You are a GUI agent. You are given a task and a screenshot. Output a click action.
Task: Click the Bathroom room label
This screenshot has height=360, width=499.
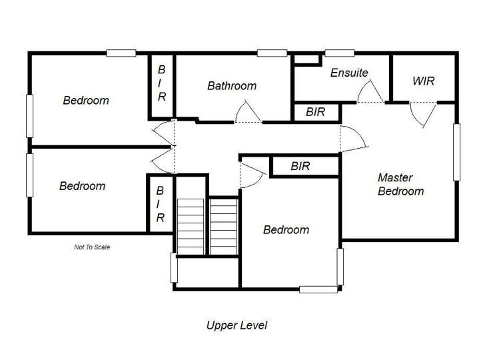[x=231, y=86]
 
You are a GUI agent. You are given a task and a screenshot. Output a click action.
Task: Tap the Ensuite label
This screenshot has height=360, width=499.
[x=348, y=73]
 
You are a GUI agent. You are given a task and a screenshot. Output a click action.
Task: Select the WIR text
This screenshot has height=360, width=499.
[x=423, y=81]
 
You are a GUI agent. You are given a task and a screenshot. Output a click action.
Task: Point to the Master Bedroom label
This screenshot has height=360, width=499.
[x=400, y=185]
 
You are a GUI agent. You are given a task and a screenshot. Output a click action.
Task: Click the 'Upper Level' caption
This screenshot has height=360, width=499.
[x=237, y=325]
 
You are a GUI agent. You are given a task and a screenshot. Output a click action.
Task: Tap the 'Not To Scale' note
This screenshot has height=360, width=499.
[x=91, y=247]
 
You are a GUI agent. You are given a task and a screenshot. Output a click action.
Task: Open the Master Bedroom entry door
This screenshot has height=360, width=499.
[x=353, y=139]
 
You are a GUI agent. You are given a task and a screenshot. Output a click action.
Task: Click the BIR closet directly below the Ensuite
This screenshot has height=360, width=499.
[x=316, y=112]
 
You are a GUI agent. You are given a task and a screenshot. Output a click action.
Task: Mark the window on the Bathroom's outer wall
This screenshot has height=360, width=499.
[x=272, y=53]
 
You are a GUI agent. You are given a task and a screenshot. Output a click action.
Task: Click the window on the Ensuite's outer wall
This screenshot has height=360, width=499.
[x=339, y=53]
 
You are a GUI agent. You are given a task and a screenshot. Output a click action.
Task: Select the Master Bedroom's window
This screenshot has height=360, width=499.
[x=456, y=152]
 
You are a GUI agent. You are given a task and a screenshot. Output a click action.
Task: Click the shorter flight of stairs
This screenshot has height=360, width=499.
[x=223, y=225]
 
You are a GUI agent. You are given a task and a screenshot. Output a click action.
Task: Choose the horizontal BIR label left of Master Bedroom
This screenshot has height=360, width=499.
[x=300, y=166]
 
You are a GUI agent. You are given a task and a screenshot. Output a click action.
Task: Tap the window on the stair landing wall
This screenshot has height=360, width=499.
[x=174, y=268]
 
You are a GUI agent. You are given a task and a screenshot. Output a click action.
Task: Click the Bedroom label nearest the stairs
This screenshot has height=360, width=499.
[x=286, y=230]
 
